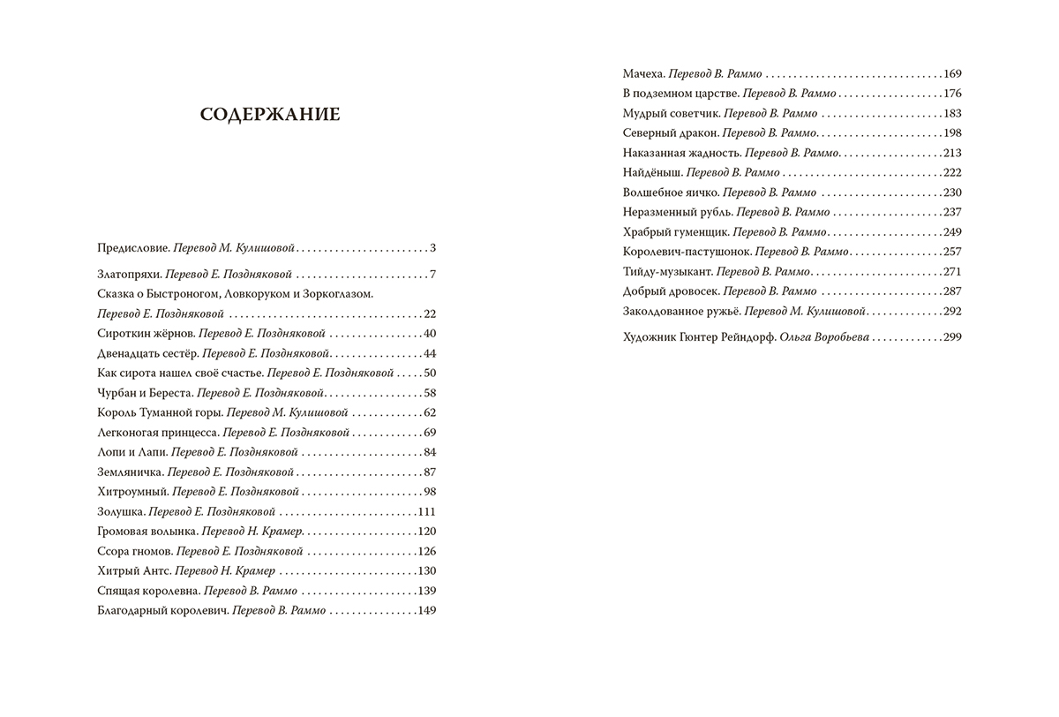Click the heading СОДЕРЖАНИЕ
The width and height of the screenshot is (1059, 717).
[x=268, y=115]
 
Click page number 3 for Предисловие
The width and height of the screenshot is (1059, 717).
[x=434, y=248]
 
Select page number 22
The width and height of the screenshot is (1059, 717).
[x=431, y=313]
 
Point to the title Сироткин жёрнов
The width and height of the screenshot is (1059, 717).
[x=144, y=333]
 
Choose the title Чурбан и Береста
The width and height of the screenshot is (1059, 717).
[x=141, y=393]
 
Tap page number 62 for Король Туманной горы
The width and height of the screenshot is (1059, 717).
[x=431, y=412]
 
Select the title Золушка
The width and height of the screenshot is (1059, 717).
[x=121, y=511]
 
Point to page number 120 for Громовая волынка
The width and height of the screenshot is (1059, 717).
[x=427, y=532]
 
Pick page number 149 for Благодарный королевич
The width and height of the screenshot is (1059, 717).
[x=427, y=610]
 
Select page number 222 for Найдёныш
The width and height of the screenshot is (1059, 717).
[x=951, y=172]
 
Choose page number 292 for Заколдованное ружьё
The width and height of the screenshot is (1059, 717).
[x=951, y=311]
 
